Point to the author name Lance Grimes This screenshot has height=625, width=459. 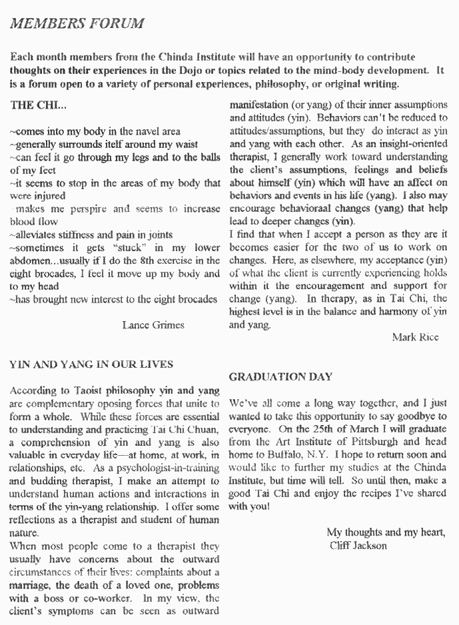click(154, 324)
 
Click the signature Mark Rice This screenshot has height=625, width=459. click(416, 338)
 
